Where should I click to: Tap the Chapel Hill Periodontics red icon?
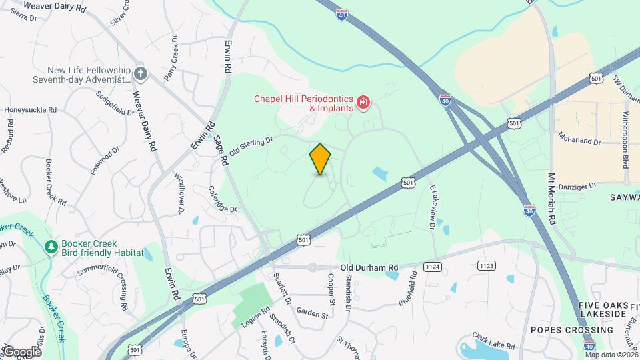(x=363, y=102)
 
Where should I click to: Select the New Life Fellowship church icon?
(x=140, y=73)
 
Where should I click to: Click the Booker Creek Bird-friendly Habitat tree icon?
(x=51, y=247)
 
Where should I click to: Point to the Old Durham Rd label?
(x=369, y=267)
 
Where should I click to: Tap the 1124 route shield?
(x=432, y=267)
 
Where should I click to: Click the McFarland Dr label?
(x=580, y=142)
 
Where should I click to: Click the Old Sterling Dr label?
(x=251, y=147)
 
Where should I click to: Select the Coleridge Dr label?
(x=222, y=200)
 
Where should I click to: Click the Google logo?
(x=21, y=351)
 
